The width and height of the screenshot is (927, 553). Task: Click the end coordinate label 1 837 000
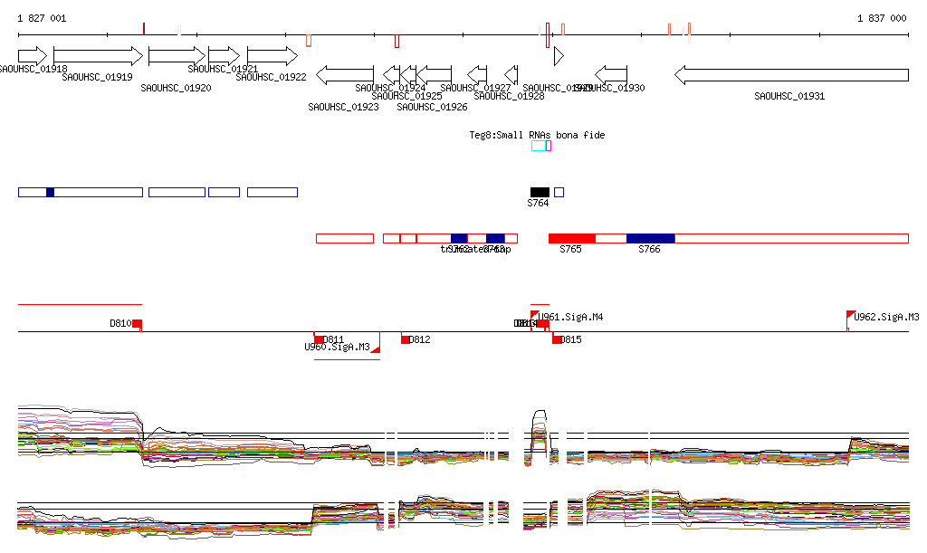coord(881,18)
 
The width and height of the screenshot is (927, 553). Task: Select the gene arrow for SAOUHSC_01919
coord(98,56)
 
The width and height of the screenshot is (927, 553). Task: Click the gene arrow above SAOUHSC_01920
coord(177,56)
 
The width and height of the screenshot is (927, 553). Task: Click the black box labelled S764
coord(540,192)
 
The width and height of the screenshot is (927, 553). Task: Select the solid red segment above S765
coord(572,238)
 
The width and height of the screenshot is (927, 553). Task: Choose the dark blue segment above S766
coord(650,238)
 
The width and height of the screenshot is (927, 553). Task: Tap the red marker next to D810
coord(137,324)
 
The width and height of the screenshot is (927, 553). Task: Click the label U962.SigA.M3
coord(886,317)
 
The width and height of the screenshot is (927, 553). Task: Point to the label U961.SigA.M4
coord(570,317)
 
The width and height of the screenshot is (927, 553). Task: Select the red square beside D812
coord(406,339)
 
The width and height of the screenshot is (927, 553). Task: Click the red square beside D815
coord(557,339)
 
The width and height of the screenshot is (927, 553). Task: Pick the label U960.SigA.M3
coord(337,347)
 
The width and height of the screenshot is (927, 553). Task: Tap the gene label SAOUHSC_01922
coord(271,77)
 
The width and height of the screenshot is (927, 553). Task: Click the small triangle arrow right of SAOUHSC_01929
coord(559,56)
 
